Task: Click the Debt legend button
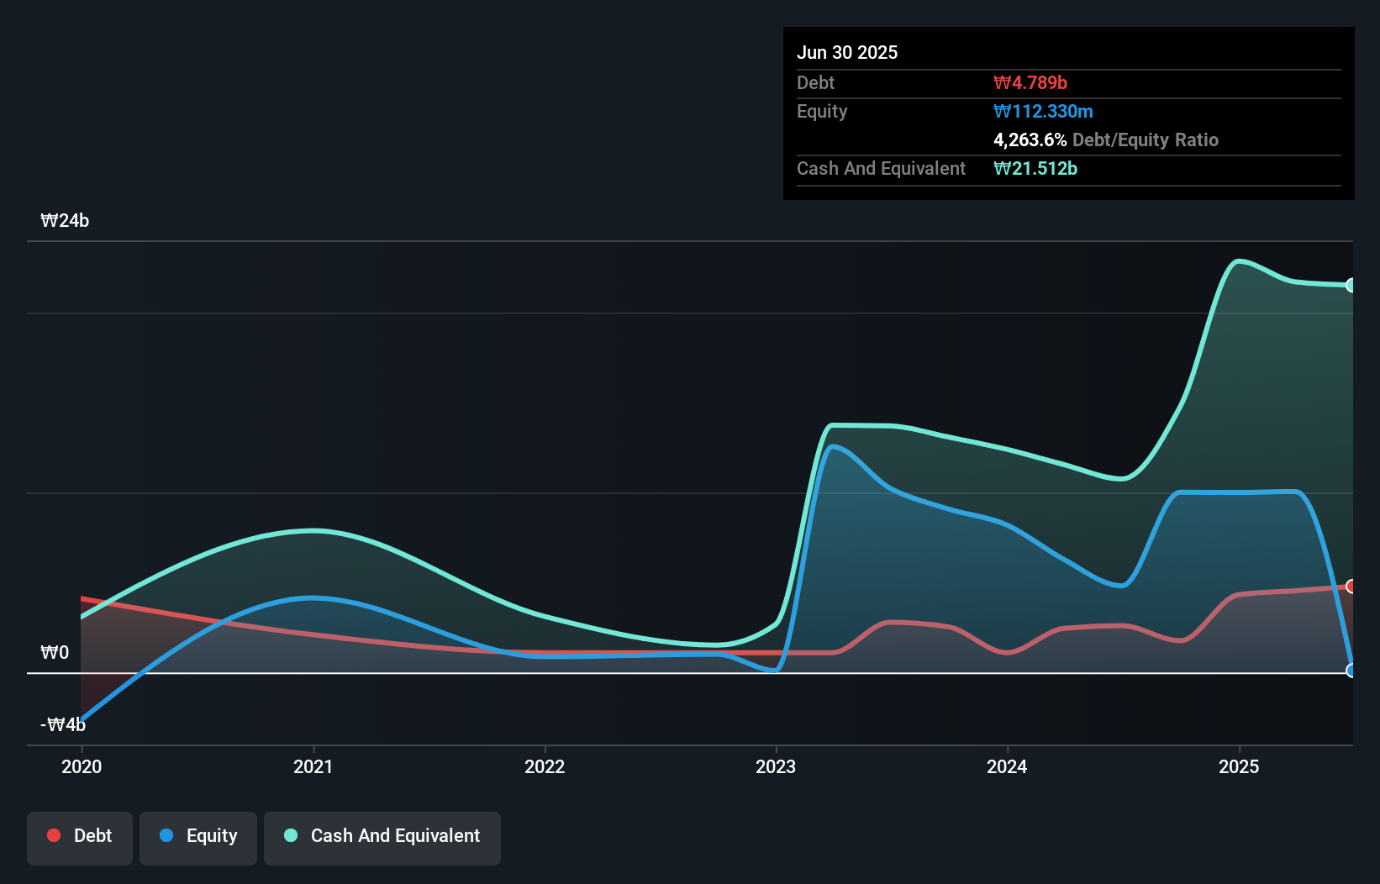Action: tap(80, 836)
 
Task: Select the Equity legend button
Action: tap(198, 836)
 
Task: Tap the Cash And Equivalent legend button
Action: tap(382, 836)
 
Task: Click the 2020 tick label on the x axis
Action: tap(82, 766)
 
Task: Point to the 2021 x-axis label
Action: tap(313, 766)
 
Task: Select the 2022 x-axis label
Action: tap(545, 766)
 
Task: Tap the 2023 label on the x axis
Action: tap(776, 766)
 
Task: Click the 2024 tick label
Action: tap(1007, 766)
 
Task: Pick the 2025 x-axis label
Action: tap(1239, 766)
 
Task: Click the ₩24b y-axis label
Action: tap(65, 221)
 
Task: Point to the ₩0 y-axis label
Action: tap(55, 653)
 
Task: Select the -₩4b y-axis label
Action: tap(63, 724)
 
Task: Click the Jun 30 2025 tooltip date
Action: tap(847, 52)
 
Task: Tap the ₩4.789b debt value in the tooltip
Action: tap(1030, 82)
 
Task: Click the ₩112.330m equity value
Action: tap(1043, 111)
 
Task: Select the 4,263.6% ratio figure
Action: tap(1030, 139)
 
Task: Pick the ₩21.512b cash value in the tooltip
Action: tap(1035, 168)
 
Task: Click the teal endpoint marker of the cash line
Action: tap(1351, 285)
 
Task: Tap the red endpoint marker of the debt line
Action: tap(1351, 587)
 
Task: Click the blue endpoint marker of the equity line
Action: tap(1351, 671)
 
